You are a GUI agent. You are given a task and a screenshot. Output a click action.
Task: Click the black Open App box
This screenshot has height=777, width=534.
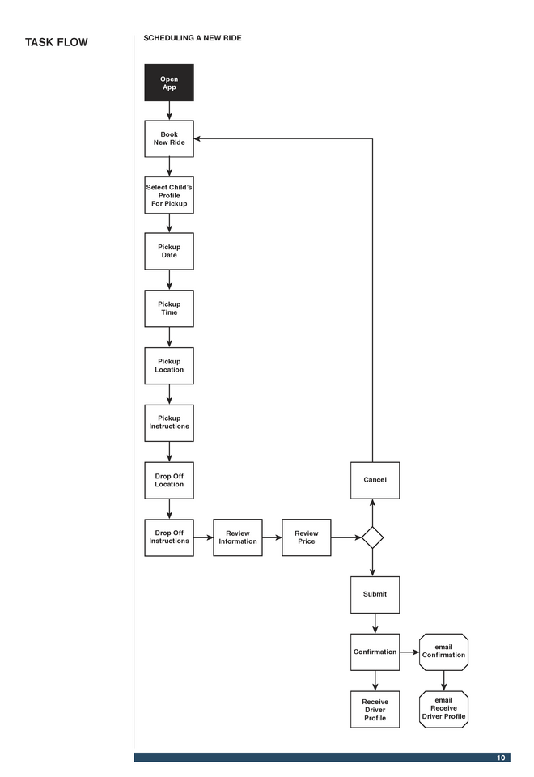(169, 83)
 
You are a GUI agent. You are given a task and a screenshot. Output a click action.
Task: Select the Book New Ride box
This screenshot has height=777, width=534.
(169, 138)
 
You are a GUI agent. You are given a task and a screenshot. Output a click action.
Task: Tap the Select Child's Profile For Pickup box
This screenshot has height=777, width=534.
(169, 195)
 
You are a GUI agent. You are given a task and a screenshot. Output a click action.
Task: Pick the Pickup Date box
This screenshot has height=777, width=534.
(169, 251)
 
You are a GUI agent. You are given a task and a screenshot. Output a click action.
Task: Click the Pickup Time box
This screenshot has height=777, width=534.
(169, 308)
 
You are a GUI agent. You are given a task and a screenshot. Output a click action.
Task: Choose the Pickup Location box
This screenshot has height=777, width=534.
(169, 366)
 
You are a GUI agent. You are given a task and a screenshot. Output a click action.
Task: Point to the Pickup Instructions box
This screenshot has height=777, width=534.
(169, 422)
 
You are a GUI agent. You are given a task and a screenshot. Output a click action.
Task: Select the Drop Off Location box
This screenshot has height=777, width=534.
(169, 480)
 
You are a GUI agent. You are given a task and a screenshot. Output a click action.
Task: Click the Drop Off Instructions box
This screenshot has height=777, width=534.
(169, 537)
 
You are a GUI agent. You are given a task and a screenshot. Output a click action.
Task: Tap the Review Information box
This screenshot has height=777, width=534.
(238, 537)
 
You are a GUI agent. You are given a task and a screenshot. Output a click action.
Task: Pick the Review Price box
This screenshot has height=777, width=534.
(306, 537)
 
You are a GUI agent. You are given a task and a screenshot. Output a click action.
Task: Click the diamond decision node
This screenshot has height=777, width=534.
(372, 537)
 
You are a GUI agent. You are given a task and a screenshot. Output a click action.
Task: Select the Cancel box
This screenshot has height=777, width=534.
(375, 480)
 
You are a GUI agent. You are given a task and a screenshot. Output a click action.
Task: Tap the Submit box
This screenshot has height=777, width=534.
(375, 595)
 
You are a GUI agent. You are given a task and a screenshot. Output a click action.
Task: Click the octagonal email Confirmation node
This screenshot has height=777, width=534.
(443, 652)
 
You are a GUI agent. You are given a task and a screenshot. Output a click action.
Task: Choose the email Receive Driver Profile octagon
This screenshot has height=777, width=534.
(443, 709)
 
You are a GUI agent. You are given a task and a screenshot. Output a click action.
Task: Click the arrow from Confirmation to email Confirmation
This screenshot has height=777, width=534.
(409, 652)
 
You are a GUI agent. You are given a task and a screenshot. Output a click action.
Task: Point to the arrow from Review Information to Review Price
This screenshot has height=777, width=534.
(272, 537)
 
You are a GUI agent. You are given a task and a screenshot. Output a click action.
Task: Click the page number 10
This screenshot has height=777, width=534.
(501, 758)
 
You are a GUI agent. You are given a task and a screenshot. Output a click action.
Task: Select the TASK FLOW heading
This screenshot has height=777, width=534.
(57, 42)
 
